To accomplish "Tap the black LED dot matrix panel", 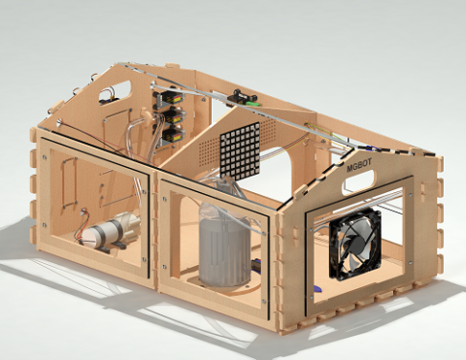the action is (240, 149).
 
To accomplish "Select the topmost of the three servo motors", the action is (172, 97).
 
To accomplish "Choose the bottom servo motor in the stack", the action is (173, 136).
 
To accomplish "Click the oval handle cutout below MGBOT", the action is (358, 182).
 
